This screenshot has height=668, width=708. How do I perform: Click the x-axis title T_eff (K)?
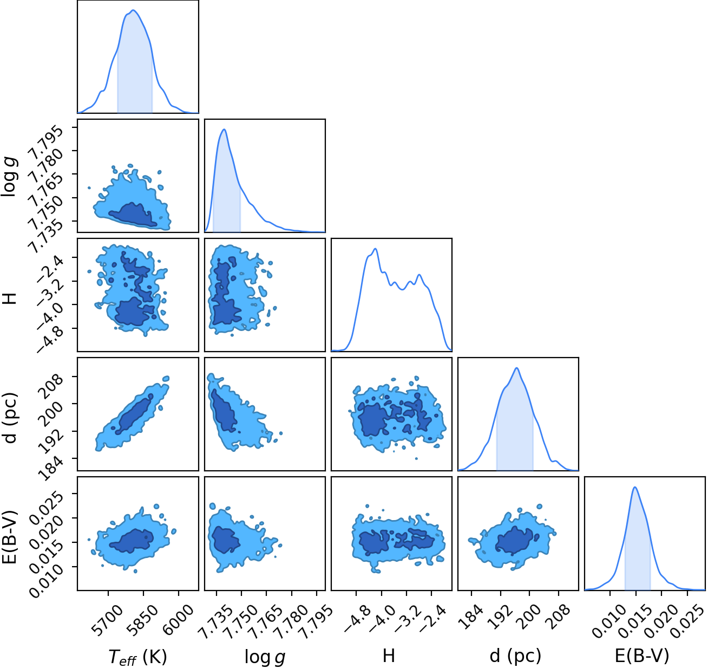137,657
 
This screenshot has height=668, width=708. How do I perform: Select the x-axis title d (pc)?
515,656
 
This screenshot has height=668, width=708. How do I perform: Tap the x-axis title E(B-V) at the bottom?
642,656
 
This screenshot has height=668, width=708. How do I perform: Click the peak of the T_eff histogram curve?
133,10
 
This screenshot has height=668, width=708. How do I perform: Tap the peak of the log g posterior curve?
224,129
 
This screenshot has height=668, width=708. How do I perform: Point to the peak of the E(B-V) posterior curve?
635,487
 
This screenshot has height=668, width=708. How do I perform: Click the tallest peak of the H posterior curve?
376,249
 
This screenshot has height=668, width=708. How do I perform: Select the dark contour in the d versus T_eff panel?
133,414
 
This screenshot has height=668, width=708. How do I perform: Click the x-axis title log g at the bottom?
265,657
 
